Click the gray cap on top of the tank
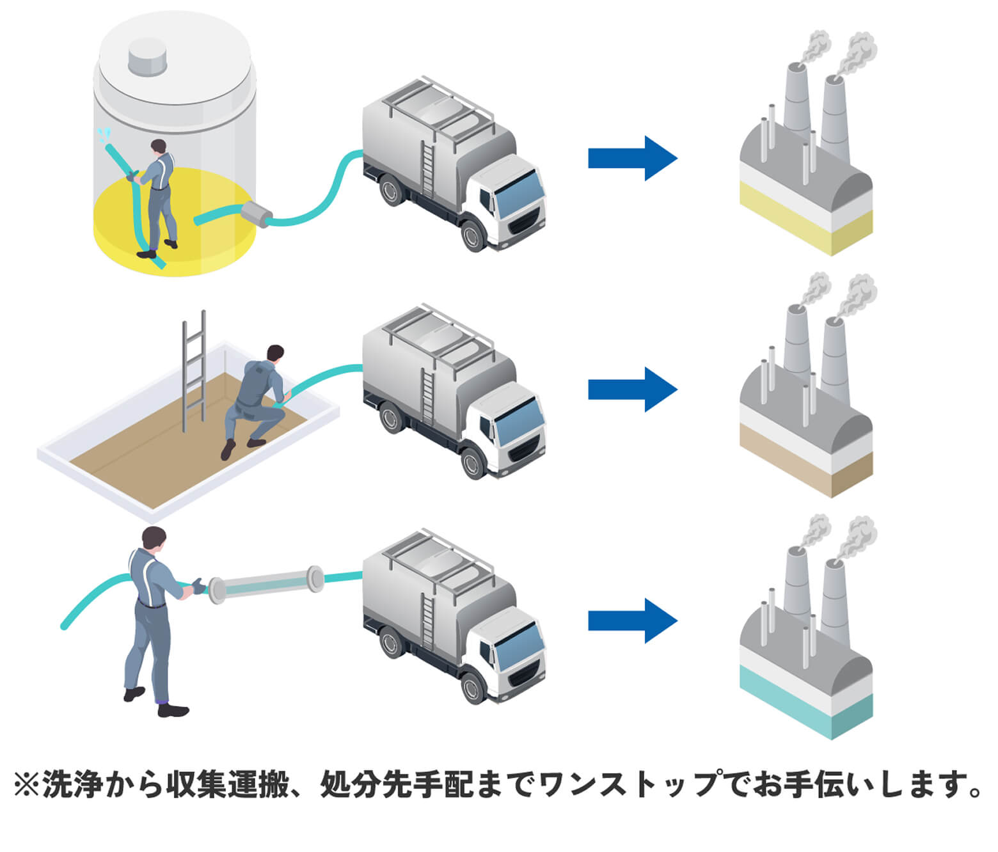pyautogui.click(x=148, y=56)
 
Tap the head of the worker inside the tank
pyautogui.click(x=158, y=146)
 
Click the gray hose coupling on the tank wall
pyautogui.click(x=255, y=214)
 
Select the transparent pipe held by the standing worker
pyautogui.click(x=265, y=585)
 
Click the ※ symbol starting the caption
pyautogui.click(x=26, y=785)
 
